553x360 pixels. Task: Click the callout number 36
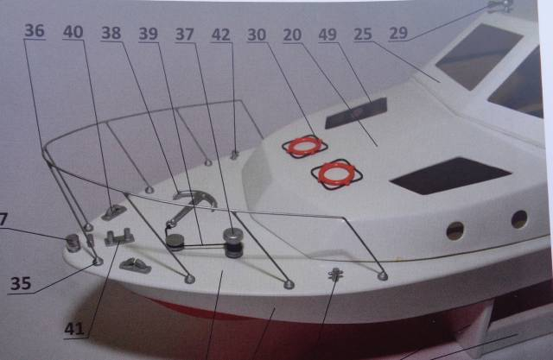35,30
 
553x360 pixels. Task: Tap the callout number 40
73,32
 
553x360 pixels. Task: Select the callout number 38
111,33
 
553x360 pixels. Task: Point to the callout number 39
148,34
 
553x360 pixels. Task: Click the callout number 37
184,35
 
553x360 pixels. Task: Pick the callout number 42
221,35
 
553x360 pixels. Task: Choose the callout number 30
257,35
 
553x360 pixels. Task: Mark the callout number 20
292,35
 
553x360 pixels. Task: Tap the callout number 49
328,35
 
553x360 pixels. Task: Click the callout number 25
363,35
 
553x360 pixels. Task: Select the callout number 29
398,34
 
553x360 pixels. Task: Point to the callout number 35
21,283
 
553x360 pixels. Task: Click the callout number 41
74,329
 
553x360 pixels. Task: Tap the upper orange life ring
305,146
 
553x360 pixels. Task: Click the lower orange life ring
336,174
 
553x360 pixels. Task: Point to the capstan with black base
233,243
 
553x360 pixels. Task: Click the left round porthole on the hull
455,231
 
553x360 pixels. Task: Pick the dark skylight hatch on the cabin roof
356,113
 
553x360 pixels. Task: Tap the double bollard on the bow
119,237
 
